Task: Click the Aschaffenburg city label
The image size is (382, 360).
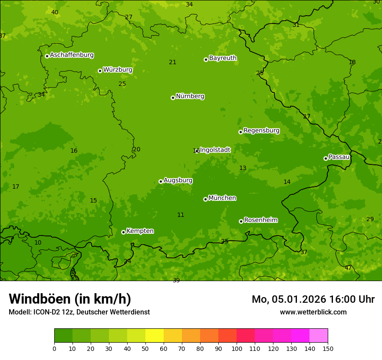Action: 72,55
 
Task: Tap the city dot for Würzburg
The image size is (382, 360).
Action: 100,71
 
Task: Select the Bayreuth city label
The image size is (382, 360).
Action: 223,58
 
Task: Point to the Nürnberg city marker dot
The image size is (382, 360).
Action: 173,98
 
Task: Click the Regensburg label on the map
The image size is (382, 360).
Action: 261,131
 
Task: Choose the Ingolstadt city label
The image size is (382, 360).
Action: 215,150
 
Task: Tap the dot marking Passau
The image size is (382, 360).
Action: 326,158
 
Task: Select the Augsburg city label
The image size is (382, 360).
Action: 178,180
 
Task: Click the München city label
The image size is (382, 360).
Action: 222,198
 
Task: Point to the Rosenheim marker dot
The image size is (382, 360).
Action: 241,221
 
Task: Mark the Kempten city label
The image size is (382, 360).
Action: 140,231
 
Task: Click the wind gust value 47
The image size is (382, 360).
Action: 348,268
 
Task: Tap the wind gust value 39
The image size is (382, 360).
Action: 176,281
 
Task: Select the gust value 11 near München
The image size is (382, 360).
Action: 181,215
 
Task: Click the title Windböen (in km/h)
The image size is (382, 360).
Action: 70,299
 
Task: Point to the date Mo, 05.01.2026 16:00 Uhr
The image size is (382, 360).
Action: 313,299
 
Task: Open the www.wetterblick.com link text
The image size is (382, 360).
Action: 313,312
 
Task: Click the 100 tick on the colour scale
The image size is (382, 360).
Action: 237,348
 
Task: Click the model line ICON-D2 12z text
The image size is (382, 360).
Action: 79,312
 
